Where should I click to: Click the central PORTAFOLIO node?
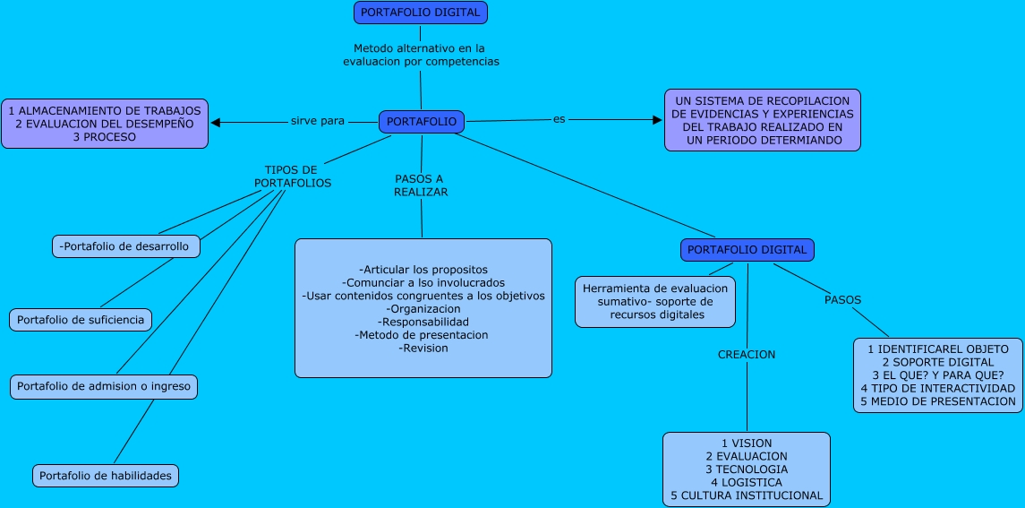pos(422,122)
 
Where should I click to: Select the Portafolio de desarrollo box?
pos(124,246)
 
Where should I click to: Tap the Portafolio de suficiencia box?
pos(80,320)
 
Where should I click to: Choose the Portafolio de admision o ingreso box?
pos(103,387)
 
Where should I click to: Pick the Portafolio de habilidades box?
pos(106,476)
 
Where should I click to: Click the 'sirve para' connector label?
pos(317,121)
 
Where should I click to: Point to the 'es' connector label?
pos(559,119)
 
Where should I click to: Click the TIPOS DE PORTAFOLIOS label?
pos(292,177)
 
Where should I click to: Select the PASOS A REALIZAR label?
pos(420,185)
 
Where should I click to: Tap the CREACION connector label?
pos(747,355)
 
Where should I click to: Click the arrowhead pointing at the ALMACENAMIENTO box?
pos(216,122)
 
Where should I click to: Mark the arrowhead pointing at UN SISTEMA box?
pos(657,118)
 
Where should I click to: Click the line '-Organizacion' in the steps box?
pos(423,309)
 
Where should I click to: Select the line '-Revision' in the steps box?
pos(423,349)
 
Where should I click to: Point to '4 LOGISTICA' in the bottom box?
pos(746,483)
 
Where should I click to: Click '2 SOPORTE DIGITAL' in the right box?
pos(938,362)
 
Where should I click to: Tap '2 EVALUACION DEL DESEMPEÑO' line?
pos(105,124)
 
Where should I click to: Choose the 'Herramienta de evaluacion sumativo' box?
pos(655,302)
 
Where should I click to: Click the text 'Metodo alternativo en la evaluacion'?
pos(420,55)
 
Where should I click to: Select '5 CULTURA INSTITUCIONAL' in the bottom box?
pos(746,495)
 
